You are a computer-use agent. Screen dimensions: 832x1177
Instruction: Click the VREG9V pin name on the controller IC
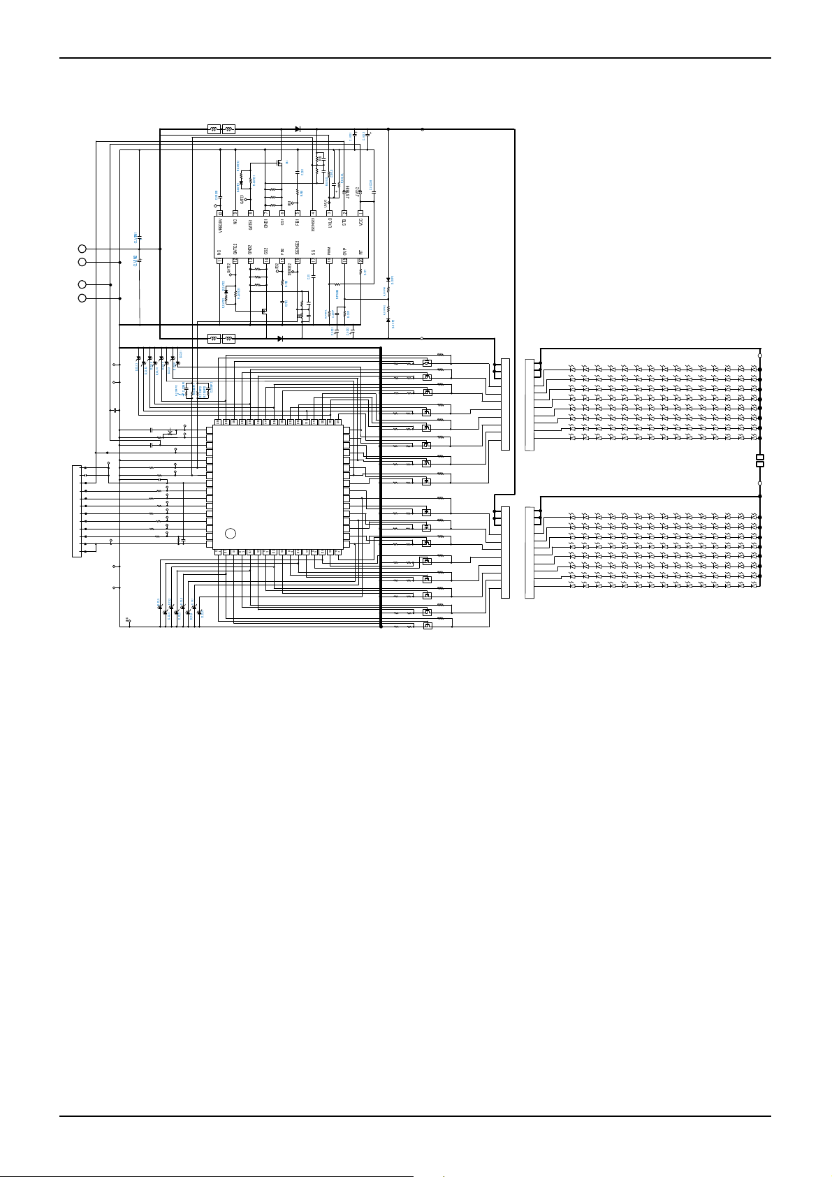point(220,224)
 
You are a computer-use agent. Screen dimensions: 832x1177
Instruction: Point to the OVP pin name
point(344,251)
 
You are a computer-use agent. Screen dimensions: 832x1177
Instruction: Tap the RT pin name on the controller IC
point(360,251)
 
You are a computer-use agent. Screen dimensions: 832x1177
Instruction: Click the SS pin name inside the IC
point(314,251)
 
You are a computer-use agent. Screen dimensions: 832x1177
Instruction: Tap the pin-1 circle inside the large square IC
point(231,534)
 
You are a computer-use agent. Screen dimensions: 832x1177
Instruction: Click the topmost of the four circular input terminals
point(82,249)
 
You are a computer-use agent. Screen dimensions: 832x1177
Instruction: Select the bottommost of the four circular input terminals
point(82,298)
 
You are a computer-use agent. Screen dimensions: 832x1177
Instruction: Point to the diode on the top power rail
point(298,129)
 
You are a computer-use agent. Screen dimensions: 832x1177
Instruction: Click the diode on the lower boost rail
point(280,339)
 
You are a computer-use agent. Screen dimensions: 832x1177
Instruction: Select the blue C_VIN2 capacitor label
point(135,261)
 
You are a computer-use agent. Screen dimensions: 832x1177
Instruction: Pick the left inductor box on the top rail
point(214,129)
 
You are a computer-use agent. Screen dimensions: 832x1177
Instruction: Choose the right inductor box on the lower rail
point(228,339)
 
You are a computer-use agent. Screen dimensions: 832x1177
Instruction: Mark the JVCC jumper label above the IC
point(357,189)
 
